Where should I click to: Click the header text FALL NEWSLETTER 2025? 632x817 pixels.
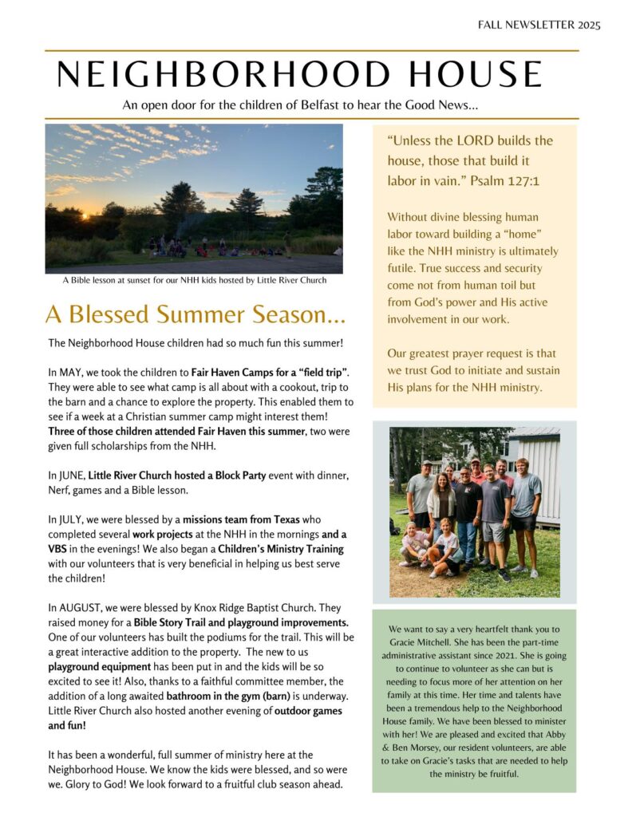pyautogui.click(x=539, y=25)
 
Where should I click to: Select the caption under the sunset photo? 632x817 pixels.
pyautogui.click(x=194, y=280)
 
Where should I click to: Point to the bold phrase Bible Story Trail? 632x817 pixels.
pyautogui.click(x=180, y=622)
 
